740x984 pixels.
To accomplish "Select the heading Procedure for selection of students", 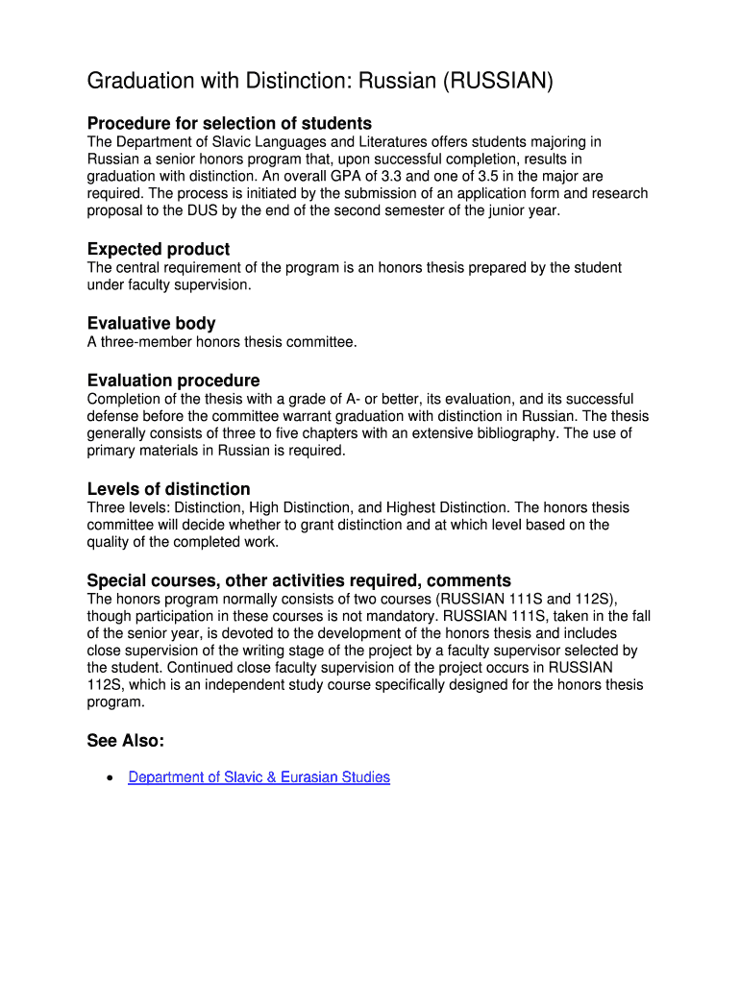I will click(x=229, y=123).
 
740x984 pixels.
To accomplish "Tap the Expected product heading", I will click(x=159, y=249).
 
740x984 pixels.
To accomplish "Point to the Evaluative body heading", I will click(x=151, y=323).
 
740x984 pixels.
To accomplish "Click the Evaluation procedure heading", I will click(x=173, y=381).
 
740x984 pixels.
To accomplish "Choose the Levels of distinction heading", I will click(x=168, y=489).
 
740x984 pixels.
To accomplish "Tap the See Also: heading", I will click(x=126, y=741).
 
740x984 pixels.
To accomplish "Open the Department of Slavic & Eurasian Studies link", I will click(x=259, y=777).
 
